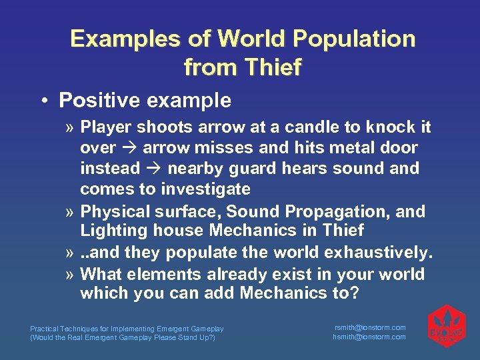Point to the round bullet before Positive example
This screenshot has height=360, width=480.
click(x=43, y=101)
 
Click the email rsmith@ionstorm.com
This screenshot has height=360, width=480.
click(x=369, y=327)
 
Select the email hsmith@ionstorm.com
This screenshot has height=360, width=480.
click(x=369, y=337)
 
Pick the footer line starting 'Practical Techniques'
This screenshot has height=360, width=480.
click(x=127, y=329)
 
